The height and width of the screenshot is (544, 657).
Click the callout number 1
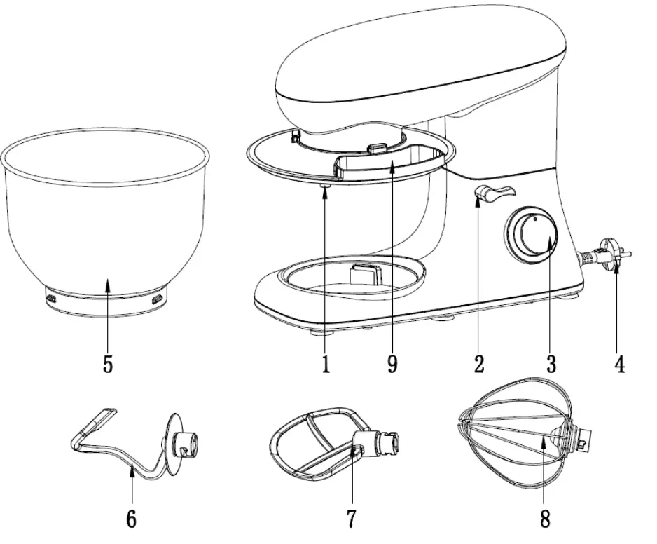click(x=326, y=365)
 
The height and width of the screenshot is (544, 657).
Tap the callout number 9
click(x=392, y=365)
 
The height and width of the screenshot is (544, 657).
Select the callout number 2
click(x=478, y=365)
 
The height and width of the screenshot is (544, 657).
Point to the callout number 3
click(x=551, y=365)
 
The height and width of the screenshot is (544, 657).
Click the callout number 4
click(x=618, y=365)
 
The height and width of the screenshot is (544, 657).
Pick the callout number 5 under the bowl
click(x=107, y=365)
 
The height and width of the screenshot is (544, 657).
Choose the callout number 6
click(x=131, y=519)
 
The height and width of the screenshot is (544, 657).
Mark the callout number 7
click(x=351, y=519)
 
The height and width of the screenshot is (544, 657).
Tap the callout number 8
click(x=545, y=519)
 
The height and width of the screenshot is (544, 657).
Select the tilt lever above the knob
click(x=493, y=193)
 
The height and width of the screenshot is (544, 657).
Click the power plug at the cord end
click(x=608, y=255)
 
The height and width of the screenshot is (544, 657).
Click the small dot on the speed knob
click(x=534, y=219)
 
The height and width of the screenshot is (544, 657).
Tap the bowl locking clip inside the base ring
click(x=364, y=271)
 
